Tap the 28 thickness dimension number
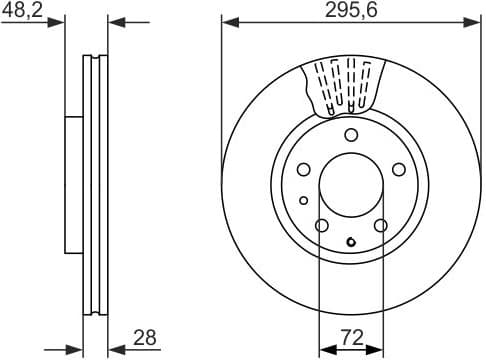coord(145,338)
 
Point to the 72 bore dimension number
coord(350,338)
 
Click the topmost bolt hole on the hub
coord(350,136)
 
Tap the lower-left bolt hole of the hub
coord(320,226)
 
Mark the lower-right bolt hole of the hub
coord(381,226)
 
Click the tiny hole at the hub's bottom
coord(350,240)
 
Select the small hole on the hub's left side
coord(303,200)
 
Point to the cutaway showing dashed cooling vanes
coord(343,85)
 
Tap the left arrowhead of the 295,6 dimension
coord(227,20)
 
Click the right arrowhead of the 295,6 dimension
coord(475,20)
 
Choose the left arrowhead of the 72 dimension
coord(324,350)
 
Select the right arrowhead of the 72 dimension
coord(377,350)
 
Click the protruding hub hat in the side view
coord(73,185)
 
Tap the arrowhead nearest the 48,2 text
coord(58,20)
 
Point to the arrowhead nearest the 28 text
coord(113,350)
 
